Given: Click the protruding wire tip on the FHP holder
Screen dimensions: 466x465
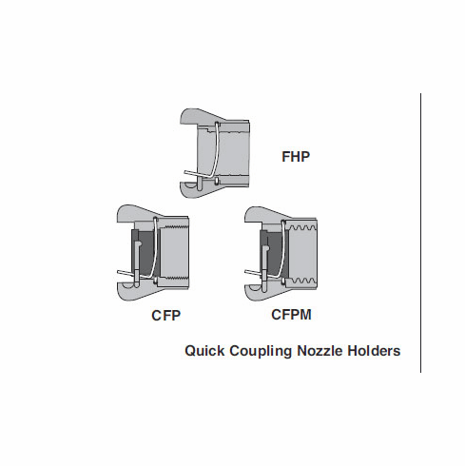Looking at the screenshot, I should (186, 174).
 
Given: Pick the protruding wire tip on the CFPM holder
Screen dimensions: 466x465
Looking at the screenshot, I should (249, 275).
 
